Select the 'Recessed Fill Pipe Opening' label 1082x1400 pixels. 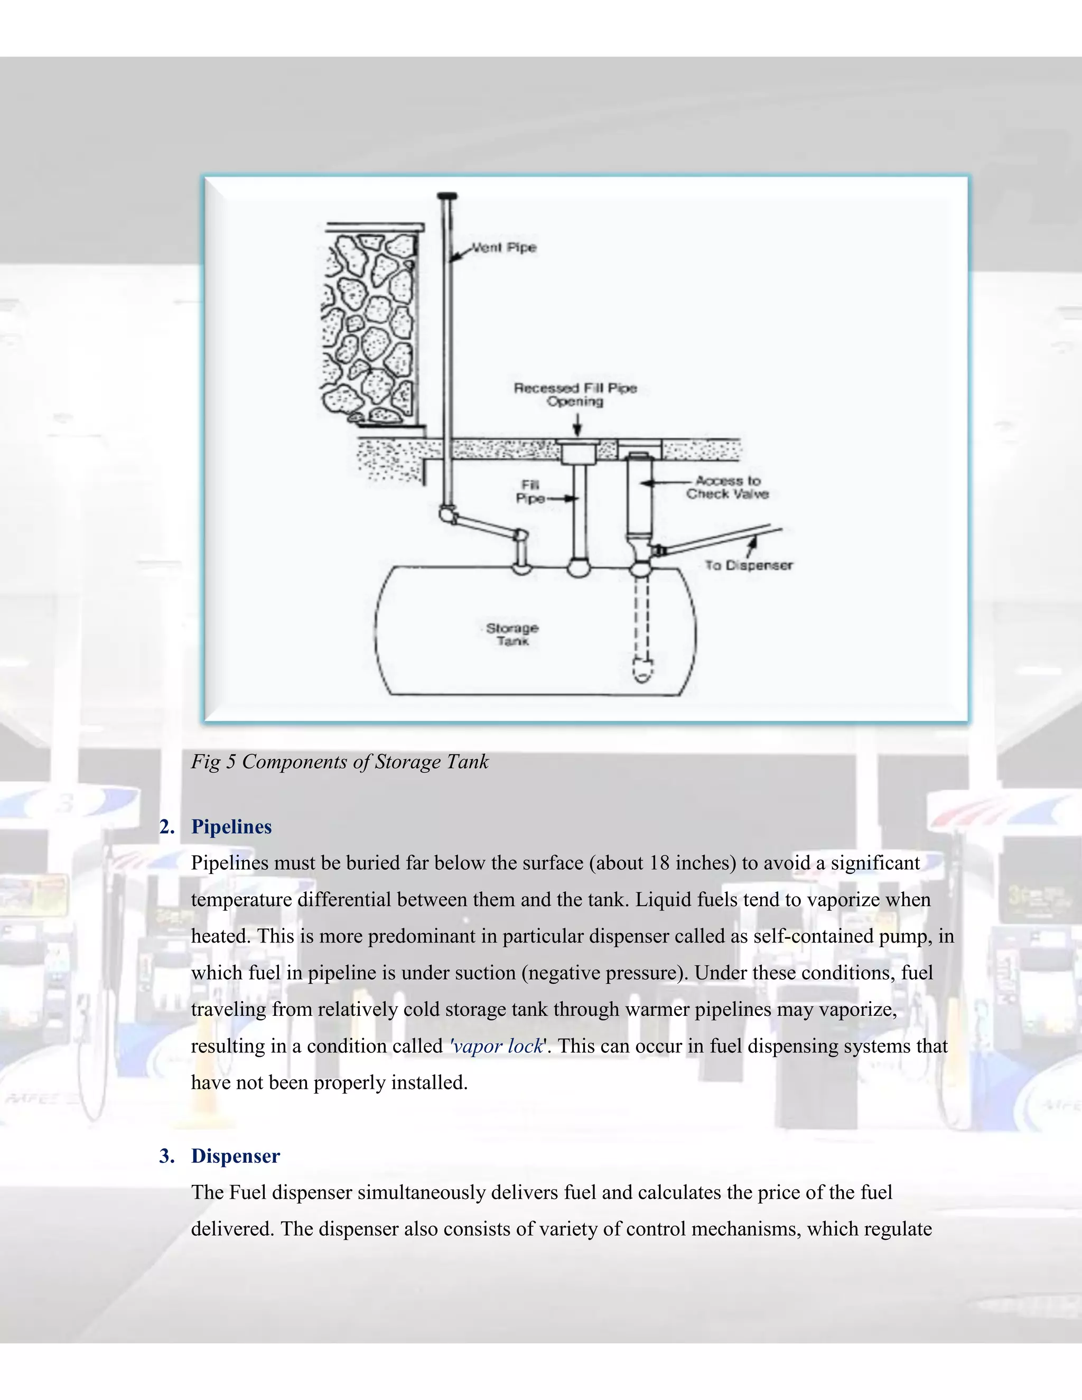click(575, 395)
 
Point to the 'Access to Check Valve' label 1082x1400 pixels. click(727, 487)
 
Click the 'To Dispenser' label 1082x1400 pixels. click(749, 565)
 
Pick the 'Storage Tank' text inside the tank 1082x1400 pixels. click(512, 634)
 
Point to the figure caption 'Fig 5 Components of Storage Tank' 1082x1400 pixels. click(340, 761)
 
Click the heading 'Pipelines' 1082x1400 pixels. click(231, 827)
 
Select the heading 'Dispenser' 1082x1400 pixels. click(235, 1156)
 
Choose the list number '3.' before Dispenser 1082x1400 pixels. click(166, 1156)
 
